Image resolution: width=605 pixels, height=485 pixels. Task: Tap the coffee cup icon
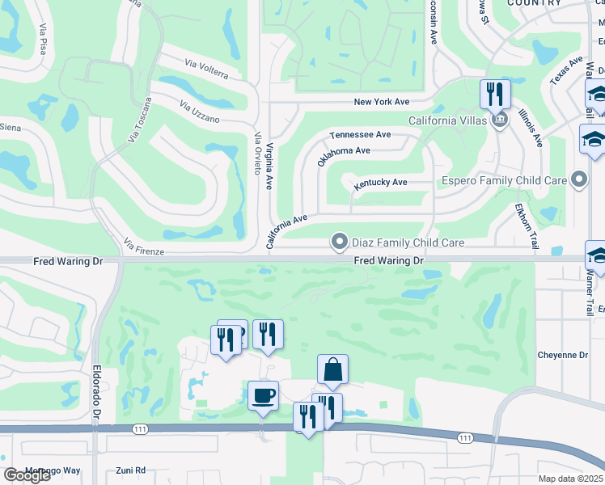click(263, 396)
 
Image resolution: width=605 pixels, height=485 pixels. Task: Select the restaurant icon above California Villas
click(495, 95)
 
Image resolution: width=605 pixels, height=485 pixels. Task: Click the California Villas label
click(447, 120)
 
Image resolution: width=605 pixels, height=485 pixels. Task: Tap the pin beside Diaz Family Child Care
click(340, 242)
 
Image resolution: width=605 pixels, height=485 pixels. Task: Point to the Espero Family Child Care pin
click(578, 180)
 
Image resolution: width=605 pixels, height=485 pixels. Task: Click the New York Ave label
click(383, 102)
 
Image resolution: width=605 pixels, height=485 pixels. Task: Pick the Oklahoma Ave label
click(344, 155)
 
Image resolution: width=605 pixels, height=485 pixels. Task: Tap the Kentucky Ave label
click(380, 183)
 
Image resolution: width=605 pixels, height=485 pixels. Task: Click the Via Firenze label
click(144, 247)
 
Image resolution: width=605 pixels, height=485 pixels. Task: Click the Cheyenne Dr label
click(563, 355)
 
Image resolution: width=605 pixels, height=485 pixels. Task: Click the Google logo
click(27, 474)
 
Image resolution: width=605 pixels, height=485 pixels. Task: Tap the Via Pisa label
click(42, 39)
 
